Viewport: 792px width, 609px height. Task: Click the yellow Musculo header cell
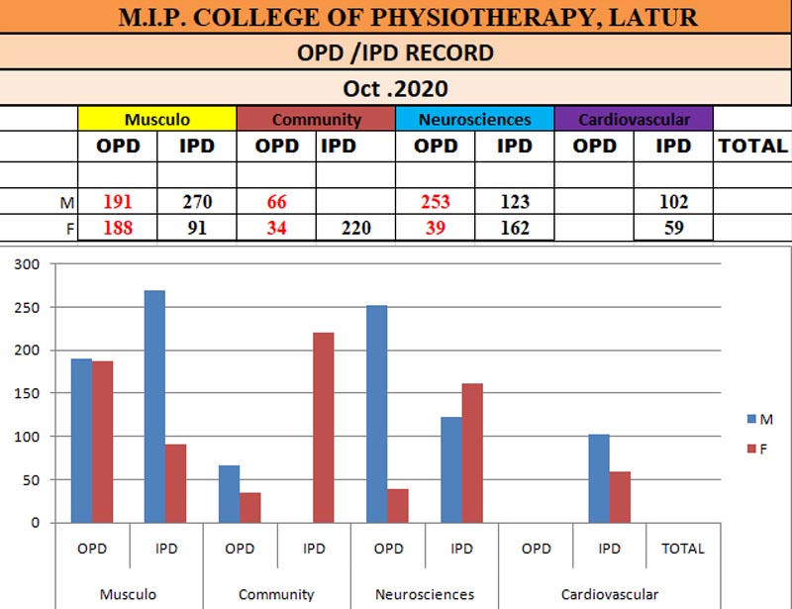157,120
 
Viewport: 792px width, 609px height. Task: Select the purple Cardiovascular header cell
634,120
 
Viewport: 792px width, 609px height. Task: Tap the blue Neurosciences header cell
474,120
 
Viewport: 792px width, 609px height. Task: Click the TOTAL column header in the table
752,146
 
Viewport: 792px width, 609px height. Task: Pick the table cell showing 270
197,202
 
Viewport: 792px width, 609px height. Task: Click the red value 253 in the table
435,202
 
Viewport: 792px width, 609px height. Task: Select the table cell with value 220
354,229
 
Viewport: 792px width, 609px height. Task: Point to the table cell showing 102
673,202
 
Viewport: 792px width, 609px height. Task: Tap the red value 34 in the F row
276,229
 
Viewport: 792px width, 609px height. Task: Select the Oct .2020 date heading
396,88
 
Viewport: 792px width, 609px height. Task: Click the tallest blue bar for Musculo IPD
155,406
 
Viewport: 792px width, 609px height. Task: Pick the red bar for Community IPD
324,427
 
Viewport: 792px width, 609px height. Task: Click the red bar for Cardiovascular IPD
620,496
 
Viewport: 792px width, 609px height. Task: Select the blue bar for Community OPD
229,493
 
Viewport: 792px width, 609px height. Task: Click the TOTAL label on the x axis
683,548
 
